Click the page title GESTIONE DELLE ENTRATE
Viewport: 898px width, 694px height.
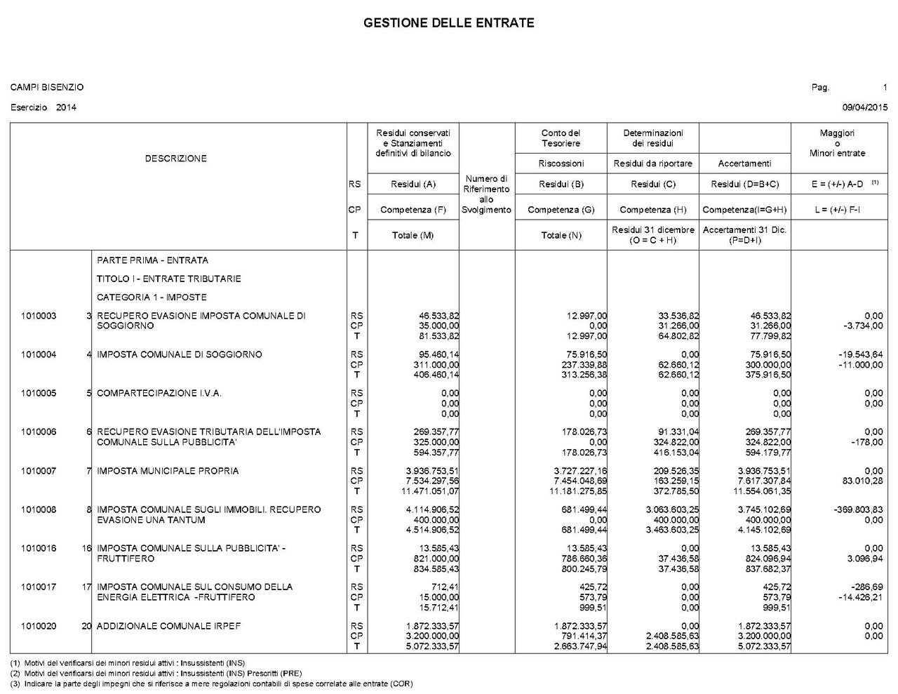coord(448,23)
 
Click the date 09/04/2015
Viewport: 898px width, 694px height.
coord(864,107)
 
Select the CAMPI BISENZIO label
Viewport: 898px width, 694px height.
coord(47,88)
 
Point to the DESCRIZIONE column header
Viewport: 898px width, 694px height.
coord(176,159)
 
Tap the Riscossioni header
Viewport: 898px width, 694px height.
coord(561,164)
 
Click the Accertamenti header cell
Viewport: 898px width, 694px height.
coord(744,164)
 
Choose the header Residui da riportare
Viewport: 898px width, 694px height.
coord(652,164)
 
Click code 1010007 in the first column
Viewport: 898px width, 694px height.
coord(39,471)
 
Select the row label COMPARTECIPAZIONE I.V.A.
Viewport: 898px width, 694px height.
coord(159,393)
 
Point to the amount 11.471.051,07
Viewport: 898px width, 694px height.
coord(429,491)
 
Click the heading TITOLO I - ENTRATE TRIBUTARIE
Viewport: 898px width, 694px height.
coord(169,279)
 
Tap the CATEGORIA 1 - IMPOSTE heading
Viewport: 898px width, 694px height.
coord(152,298)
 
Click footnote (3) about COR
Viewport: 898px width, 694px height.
coord(211,683)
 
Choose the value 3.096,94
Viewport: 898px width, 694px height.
coord(864,559)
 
